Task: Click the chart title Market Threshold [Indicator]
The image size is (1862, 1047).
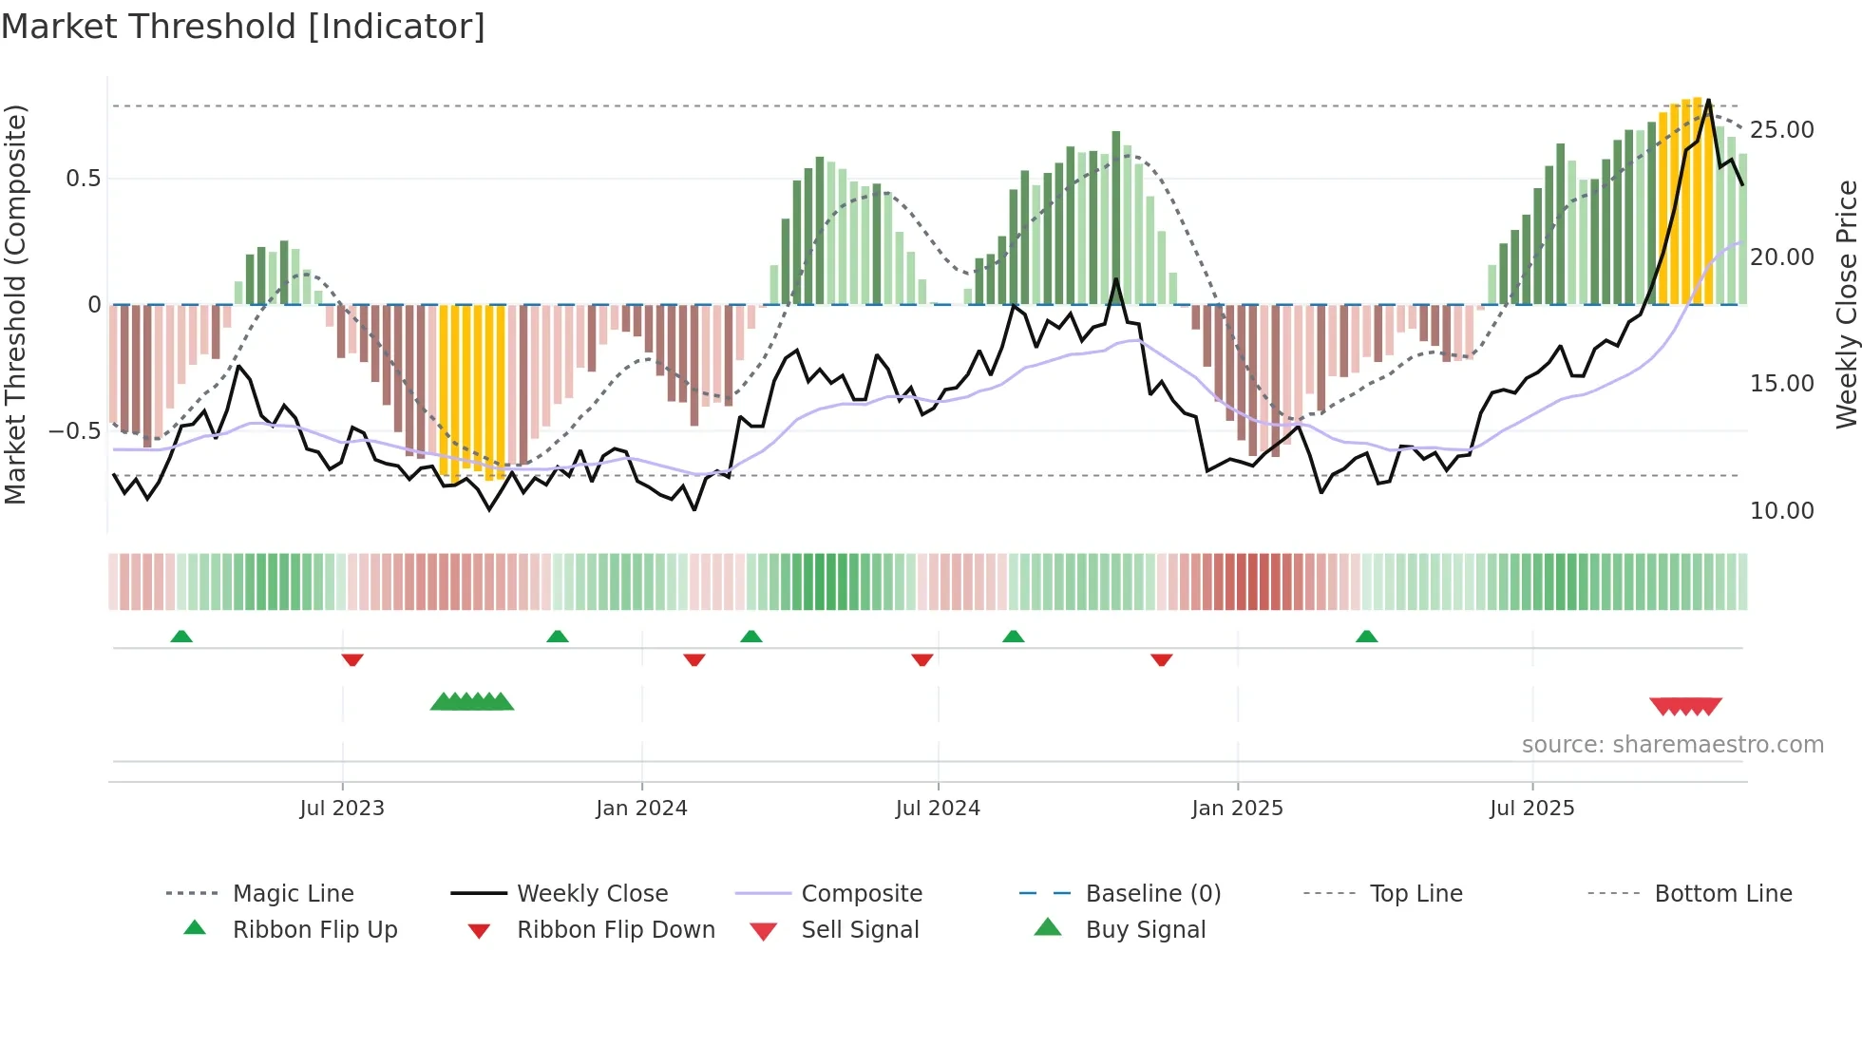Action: pyautogui.click(x=243, y=27)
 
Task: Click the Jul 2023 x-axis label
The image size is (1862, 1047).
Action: pyautogui.click(x=342, y=809)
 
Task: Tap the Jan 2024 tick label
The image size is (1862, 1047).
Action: pyautogui.click(x=641, y=809)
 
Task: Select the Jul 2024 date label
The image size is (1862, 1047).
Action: pyautogui.click(x=938, y=809)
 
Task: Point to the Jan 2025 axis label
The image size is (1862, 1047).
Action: pyautogui.click(x=1237, y=809)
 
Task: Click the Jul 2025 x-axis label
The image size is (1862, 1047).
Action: pyautogui.click(x=1531, y=809)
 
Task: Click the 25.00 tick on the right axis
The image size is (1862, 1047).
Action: pyautogui.click(x=1781, y=130)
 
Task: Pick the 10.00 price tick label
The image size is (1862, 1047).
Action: pyautogui.click(x=1781, y=511)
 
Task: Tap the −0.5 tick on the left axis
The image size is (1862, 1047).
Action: pyautogui.click(x=75, y=431)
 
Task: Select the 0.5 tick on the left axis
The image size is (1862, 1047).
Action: pyautogui.click(x=83, y=179)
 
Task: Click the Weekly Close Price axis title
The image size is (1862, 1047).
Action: pyautogui.click(x=1846, y=304)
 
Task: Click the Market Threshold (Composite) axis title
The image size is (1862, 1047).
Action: pyautogui.click(x=15, y=304)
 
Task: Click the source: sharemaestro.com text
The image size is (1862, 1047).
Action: pyautogui.click(x=1672, y=745)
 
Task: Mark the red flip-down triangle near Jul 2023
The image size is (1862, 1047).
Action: pyautogui.click(x=352, y=659)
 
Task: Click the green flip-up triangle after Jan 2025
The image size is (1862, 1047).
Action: pyautogui.click(x=1366, y=637)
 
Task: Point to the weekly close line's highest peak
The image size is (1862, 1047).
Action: pyautogui.click(x=1708, y=100)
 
